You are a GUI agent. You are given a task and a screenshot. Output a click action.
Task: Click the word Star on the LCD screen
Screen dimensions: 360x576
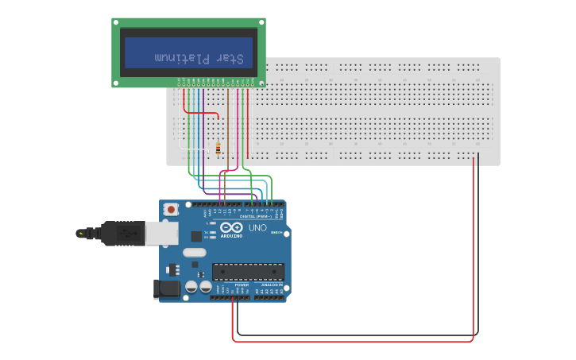[231, 58]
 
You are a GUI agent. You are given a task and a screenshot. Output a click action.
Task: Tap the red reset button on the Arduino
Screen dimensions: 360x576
[171, 209]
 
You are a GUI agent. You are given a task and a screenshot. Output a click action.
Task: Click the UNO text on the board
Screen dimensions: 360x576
[258, 228]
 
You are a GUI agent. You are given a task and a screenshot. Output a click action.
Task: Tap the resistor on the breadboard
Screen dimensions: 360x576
[218, 148]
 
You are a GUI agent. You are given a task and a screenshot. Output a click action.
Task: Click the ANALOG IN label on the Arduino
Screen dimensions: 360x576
[272, 285]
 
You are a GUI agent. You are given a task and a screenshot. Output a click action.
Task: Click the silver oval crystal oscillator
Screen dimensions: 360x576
[194, 253]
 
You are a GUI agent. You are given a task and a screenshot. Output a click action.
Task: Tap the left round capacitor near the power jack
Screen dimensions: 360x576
[191, 287]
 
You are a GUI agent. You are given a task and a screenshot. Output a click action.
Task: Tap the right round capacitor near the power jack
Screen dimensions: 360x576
[205, 287]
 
